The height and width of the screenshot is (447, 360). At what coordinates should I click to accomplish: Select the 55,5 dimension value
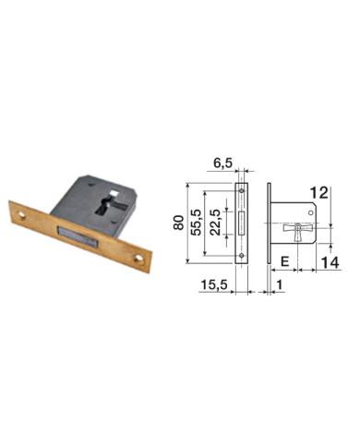(x=197, y=225)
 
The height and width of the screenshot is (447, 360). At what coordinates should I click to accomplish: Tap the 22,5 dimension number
(x=213, y=225)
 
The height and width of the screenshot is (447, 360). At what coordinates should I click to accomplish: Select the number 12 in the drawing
(x=319, y=193)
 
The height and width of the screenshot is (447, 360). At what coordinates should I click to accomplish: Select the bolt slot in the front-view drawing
(x=242, y=223)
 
